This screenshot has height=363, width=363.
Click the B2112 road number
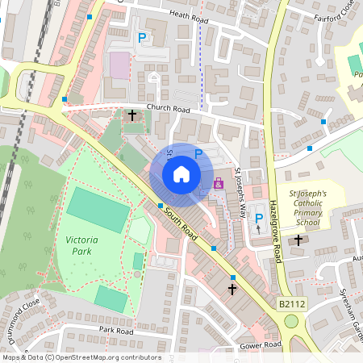pos(292,303)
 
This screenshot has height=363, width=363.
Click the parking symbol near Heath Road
pos(143,37)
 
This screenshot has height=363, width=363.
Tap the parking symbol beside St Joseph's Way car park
pos(259,217)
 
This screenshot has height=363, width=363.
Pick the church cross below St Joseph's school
pos(298,240)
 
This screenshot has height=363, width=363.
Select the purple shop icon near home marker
pos(218,184)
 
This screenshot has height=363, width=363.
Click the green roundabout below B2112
pos(291,321)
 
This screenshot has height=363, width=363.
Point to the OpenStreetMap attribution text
pos(81,357)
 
